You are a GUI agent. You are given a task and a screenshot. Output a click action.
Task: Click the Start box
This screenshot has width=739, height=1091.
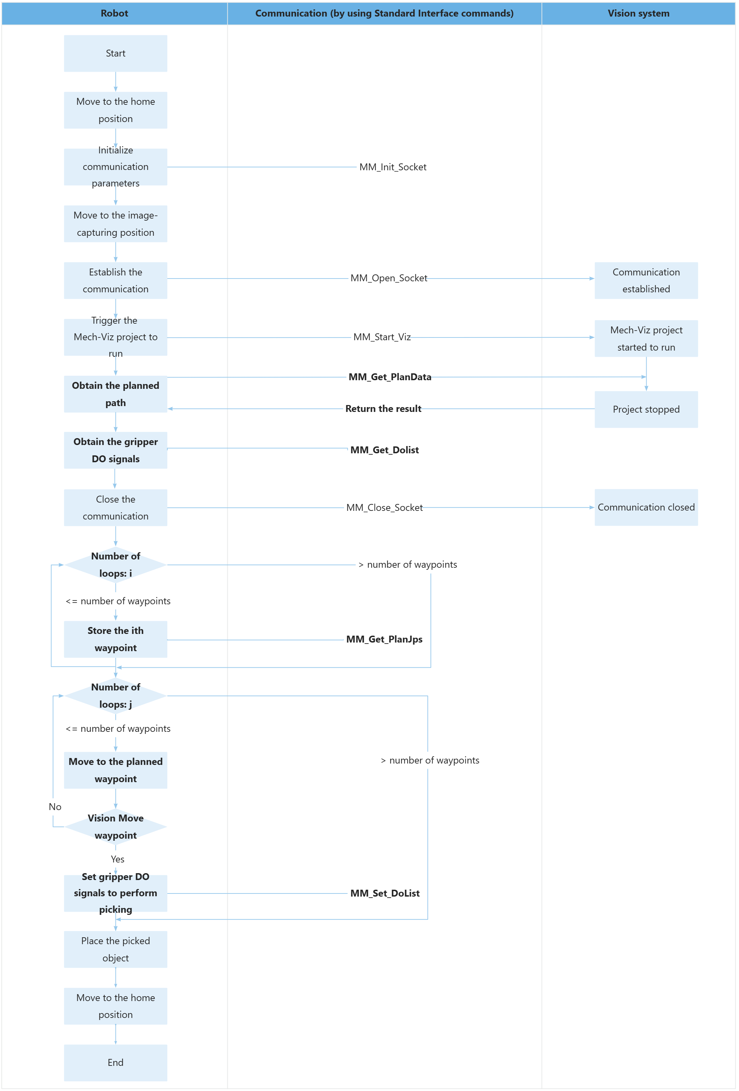point(116,53)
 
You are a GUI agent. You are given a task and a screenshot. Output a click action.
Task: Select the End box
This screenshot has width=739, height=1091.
point(116,1062)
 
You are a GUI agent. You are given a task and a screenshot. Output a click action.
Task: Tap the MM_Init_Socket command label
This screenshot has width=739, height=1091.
point(393,167)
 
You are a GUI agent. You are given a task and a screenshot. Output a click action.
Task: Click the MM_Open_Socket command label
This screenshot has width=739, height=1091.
point(388,279)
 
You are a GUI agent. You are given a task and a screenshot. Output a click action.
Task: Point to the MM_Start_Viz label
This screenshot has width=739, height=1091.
point(382,337)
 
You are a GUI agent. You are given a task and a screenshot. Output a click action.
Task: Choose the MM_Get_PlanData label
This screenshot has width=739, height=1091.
point(390,377)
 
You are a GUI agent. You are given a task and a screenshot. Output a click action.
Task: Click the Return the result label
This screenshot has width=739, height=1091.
point(383,409)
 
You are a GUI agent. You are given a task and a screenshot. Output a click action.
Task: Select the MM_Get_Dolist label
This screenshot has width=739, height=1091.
point(384,450)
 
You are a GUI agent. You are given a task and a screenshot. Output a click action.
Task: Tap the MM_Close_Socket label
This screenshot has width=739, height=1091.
point(384,507)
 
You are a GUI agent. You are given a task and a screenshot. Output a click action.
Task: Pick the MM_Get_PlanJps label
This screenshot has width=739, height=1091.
point(384,639)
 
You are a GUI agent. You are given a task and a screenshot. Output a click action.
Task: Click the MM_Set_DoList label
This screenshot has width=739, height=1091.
point(385,893)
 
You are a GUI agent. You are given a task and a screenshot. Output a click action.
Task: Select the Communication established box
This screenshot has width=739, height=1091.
point(646,281)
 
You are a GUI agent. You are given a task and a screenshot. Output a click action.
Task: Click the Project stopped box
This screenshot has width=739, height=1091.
point(646,410)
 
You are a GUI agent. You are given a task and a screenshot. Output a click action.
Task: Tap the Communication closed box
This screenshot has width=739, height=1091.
point(646,507)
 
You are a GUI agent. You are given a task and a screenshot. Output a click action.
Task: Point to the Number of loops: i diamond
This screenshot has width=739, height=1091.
point(116,565)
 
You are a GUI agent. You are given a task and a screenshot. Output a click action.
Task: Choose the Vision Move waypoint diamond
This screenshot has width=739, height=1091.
point(116,827)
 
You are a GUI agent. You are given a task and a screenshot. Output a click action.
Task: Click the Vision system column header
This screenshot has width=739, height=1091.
point(639,13)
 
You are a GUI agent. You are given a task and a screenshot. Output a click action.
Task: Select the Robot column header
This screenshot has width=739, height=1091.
point(114,13)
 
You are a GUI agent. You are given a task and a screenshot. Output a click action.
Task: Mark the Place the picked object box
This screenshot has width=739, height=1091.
point(116,949)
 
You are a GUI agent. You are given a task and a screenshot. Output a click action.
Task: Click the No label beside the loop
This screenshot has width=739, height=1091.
point(55,807)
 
